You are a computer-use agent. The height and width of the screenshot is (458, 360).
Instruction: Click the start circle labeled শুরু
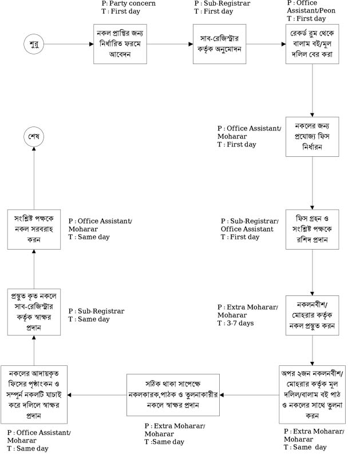(33, 44)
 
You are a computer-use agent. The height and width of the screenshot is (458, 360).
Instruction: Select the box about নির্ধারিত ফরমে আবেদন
(121, 44)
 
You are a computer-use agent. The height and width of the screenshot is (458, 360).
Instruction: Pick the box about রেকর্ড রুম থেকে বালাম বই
(312, 44)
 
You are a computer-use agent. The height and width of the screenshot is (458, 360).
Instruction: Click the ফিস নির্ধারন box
(312, 137)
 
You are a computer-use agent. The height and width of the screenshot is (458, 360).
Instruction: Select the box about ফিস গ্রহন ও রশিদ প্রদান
(312, 229)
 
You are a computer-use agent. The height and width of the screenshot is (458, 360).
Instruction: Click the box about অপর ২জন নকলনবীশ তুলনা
(312, 394)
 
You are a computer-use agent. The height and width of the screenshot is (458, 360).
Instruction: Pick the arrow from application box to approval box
(171, 44)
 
